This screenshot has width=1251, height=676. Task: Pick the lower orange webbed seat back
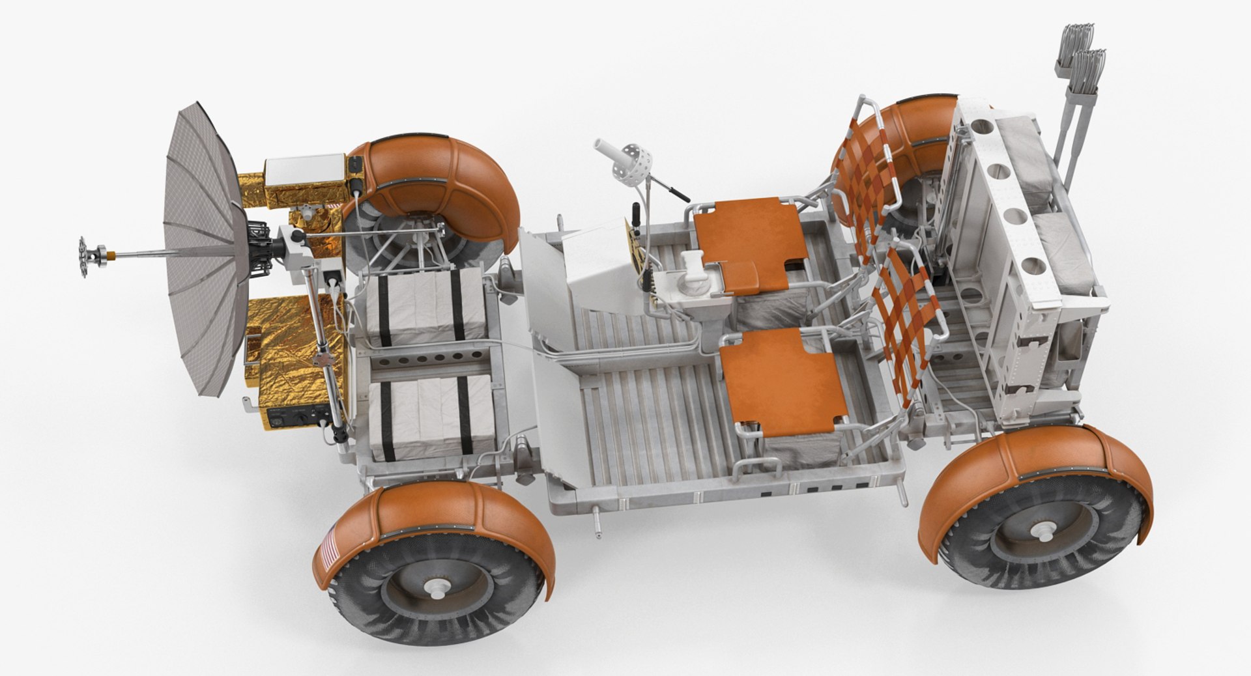point(910,326)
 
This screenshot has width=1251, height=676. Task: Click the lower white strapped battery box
point(430,418)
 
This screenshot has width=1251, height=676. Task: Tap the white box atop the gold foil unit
point(304,170)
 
